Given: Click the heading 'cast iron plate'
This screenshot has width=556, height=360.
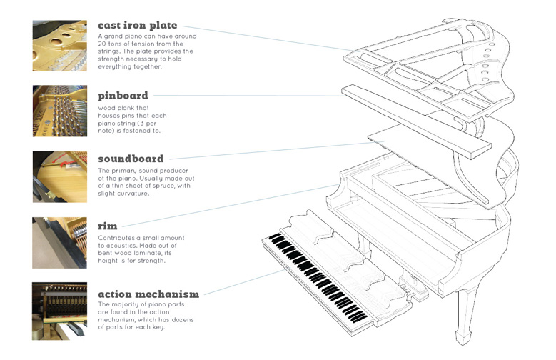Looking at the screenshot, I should pyautogui.click(x=148, y=26).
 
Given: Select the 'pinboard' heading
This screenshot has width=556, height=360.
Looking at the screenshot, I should pyautogui.click(x=123, y=95).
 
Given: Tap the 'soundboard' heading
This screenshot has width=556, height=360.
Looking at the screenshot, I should pyautogui.click(x=131, y=159).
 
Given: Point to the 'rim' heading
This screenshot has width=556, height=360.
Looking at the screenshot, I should pyautogui.click(x=108, y=226).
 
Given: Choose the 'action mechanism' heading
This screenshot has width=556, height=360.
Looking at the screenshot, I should pyautogui.click(x=148, y=294).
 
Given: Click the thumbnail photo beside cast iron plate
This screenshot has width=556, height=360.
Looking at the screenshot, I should pyautogui.click(x=59, y=46).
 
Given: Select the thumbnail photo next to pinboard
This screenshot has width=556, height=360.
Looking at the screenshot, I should pyautogui.click(x=59, y=111).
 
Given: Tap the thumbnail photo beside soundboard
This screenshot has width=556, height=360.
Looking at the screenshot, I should pyautogui.click(x=59, y=176).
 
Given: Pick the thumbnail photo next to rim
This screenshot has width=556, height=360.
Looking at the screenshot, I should pyautogui.click(x=59, y=242).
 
